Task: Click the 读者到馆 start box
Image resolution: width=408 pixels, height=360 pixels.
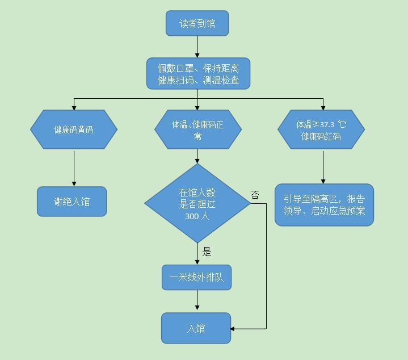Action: pos(197,24)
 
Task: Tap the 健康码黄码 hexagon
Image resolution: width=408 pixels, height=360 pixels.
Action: pos(74,129)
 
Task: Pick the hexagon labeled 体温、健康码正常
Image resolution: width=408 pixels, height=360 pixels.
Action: pos(198,129)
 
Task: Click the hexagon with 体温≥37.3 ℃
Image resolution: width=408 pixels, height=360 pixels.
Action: pos(321,129)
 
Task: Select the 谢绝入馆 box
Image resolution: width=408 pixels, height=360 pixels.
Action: pos(72,202)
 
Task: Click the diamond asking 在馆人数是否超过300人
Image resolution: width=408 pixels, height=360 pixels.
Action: pos(197,203)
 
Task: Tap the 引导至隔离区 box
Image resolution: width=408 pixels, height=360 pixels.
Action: pos(324,205)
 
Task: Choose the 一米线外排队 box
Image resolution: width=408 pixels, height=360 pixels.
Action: pos(197,278)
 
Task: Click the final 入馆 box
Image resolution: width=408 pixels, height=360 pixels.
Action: pos(196,328)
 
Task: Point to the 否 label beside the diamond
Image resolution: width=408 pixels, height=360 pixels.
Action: pos(255,195)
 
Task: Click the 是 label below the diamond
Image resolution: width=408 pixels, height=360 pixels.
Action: pos(207,252)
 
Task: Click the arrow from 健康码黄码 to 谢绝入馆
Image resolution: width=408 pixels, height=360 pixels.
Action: pos(74,168)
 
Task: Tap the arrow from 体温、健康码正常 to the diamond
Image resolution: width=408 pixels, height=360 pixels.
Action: pos(197,156)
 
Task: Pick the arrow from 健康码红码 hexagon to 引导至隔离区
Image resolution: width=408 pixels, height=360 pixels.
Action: pos(323,166)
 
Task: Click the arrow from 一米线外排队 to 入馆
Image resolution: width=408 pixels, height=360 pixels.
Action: pos(197,301)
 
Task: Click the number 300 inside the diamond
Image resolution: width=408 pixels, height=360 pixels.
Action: pos(191,216)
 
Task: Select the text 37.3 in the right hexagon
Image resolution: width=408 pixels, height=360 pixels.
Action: pos(327,124)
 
